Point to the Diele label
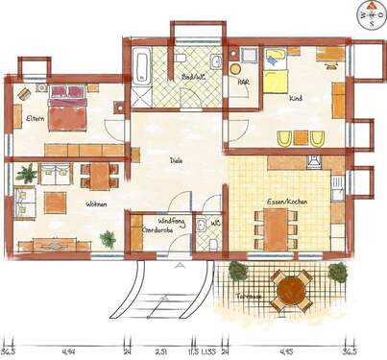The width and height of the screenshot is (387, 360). [x=176, y=161]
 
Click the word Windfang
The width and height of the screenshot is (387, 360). [x=158, y=222]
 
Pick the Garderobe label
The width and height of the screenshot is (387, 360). [x=157, y=231]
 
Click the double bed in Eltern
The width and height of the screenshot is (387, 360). [x=69, y=108]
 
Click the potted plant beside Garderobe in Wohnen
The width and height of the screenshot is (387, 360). [x=107, y=239]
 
